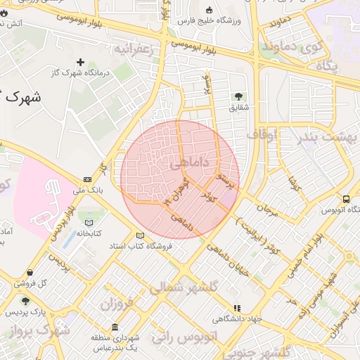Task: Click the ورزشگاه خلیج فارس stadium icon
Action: [x=209, y=10]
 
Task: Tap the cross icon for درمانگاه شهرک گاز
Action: [x=79, y=63]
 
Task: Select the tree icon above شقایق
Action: [x=238, y=96]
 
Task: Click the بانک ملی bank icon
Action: [x=87, y=180]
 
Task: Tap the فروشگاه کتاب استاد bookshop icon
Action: [x=139, y=236]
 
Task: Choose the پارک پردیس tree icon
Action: [x=26, y=301]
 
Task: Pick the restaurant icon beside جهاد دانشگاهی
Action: [x=237, y=308]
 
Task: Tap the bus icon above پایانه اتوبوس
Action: [x=346, y=199]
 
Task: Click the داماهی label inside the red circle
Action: [x=189, y=163]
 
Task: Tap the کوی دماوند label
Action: [x=324, y=49]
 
